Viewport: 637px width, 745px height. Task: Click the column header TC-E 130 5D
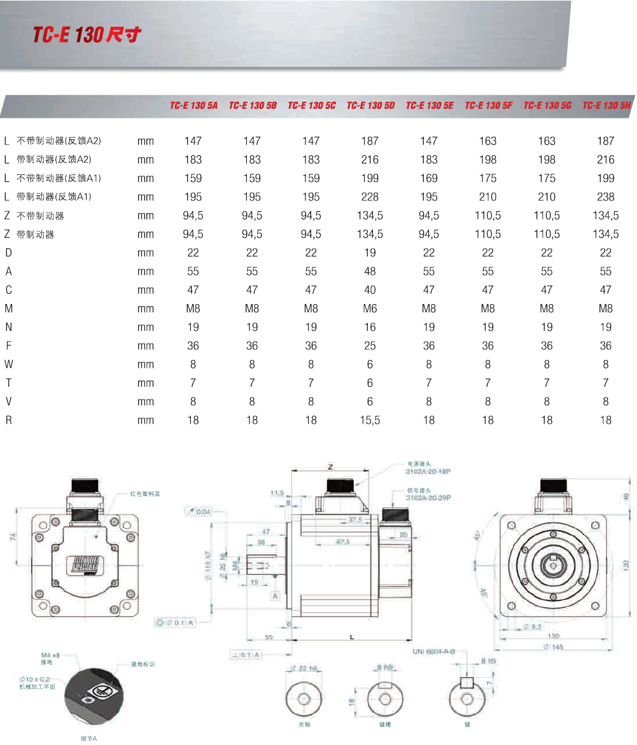tap(370, 106)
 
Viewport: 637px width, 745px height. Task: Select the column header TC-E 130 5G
tap(547, 106)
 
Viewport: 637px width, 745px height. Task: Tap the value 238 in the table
tap(606, 197)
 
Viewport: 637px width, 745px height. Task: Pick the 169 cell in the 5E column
tap(429, 178)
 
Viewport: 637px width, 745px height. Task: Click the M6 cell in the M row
tap(370, 309)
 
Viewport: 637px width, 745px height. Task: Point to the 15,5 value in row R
tap(370, 420)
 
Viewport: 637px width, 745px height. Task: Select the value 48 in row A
tap(370, 271)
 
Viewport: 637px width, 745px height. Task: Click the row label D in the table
tap(8, 253)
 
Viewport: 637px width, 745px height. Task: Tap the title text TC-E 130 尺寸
tap(87, 35)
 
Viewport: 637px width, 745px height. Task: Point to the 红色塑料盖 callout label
tap(145, 493)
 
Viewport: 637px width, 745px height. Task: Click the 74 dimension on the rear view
tap(13, 538)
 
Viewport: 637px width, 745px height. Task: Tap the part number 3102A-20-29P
tap(428, 499)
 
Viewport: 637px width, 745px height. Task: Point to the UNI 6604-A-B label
tap(434, 652)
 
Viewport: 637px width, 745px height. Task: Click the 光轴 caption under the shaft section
tap(304, 724)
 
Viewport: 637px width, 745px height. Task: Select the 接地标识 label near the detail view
tap(143, 664)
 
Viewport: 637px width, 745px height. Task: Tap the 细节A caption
tap(88, 739)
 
